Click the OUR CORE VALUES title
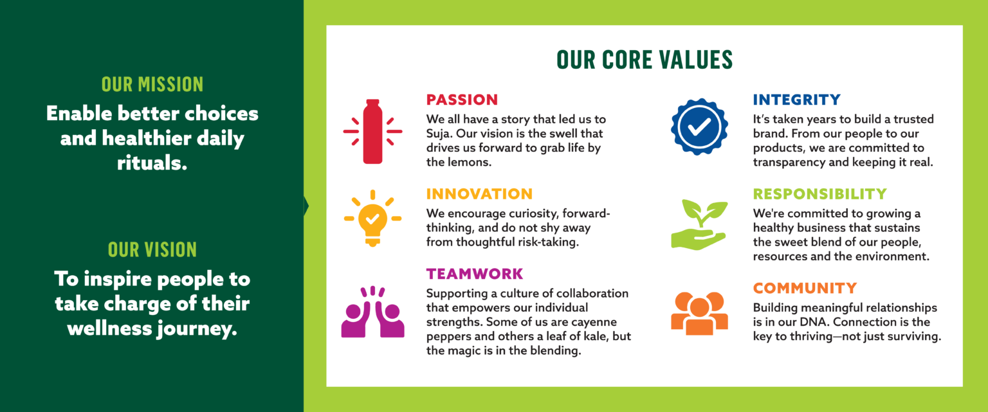click(x=645, y=60)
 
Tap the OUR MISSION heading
click(x=152, y=84)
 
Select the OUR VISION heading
click(x=152, y=249)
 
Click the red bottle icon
click(x=372, y=131)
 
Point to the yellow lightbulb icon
click(x=372, y=218)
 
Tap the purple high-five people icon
click(x=372, y=312)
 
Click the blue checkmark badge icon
click(x=699, y=127)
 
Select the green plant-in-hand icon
click(x=699, y=225)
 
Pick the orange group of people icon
click(x=699, y=313)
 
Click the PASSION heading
click(x=462, y=100)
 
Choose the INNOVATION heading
click(x=479, y=194)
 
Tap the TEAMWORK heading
click(x=475, y=274)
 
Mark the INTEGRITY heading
click(x=796, y=100)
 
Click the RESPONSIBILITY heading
click(x=820, y=194)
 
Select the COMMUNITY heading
click(x=805, y=288)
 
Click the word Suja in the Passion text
click(x=439, y=134)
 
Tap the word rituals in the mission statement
click(x=152, y=163)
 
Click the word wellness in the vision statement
click(x=109, y=328)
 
